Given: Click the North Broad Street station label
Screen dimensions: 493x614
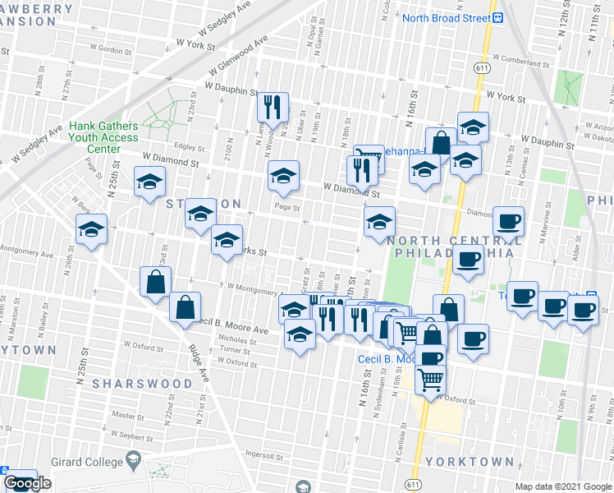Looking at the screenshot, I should [x=446, y=18].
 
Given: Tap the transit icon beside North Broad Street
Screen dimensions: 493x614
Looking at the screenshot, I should [x=497, y=17].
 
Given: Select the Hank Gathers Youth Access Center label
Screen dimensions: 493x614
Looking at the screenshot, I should [x=103, y=137].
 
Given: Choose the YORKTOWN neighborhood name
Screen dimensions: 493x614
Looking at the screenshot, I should [x=482, y=462].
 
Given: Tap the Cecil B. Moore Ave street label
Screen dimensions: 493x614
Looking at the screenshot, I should [x=234, y=326].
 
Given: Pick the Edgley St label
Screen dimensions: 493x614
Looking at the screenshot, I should [x=189, y=147].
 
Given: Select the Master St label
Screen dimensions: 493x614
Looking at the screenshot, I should [x=128, y=415].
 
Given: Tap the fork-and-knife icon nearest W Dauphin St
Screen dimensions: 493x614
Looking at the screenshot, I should [x=273, y=106].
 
